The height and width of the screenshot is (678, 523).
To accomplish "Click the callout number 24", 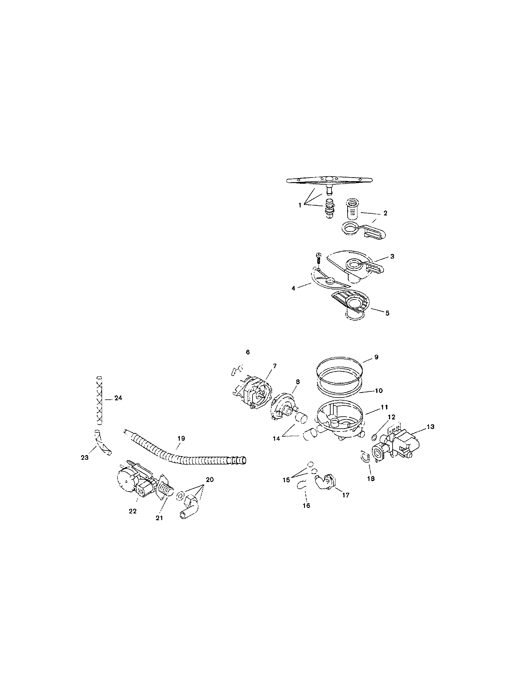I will (x=118, y=398).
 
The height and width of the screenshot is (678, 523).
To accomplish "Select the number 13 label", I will (x=430, y=427).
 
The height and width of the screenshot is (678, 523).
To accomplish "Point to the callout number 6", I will (x=248, y=352).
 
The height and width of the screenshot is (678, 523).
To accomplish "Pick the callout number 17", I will (x=346, y=495).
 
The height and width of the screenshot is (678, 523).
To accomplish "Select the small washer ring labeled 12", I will (x=375, y=438).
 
